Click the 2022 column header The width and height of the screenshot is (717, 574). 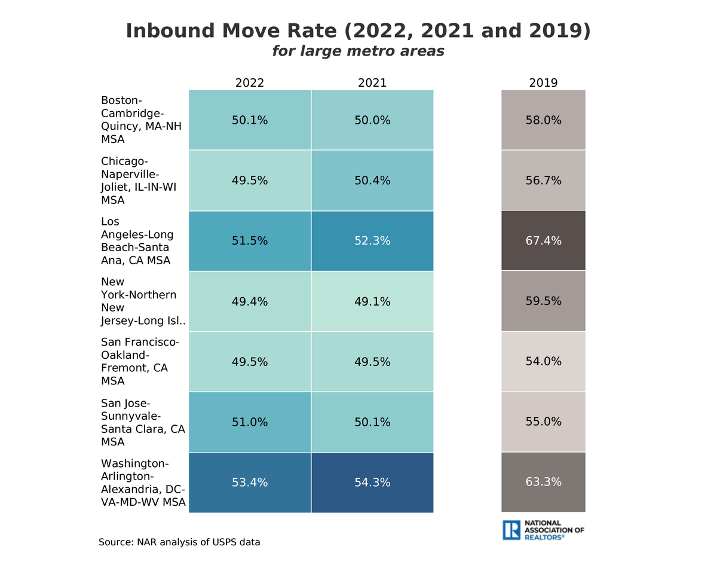250,83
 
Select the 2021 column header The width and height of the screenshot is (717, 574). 372,83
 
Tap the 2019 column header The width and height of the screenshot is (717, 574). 543,83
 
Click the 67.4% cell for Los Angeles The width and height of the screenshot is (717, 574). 543,241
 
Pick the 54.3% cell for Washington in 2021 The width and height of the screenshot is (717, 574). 372,483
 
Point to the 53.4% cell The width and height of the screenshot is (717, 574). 250,483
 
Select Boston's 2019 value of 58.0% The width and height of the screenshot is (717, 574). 543,120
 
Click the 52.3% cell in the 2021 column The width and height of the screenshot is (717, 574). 372,241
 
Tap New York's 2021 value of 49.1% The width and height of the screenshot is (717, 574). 372,302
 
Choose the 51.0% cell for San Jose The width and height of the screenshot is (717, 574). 250,422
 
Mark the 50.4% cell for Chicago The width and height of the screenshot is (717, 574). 372,181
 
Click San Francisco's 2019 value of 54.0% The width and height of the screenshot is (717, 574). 543,362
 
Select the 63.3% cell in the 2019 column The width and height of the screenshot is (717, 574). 543,482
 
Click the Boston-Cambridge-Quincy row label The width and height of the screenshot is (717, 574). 141,120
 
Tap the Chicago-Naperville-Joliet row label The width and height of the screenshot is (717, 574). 139,181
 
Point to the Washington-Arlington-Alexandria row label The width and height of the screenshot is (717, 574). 143,483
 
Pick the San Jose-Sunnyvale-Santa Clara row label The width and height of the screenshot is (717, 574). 143,422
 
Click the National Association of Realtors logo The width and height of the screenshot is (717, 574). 543,530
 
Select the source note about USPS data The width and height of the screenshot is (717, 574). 179,542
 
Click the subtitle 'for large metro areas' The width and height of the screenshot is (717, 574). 358,51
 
